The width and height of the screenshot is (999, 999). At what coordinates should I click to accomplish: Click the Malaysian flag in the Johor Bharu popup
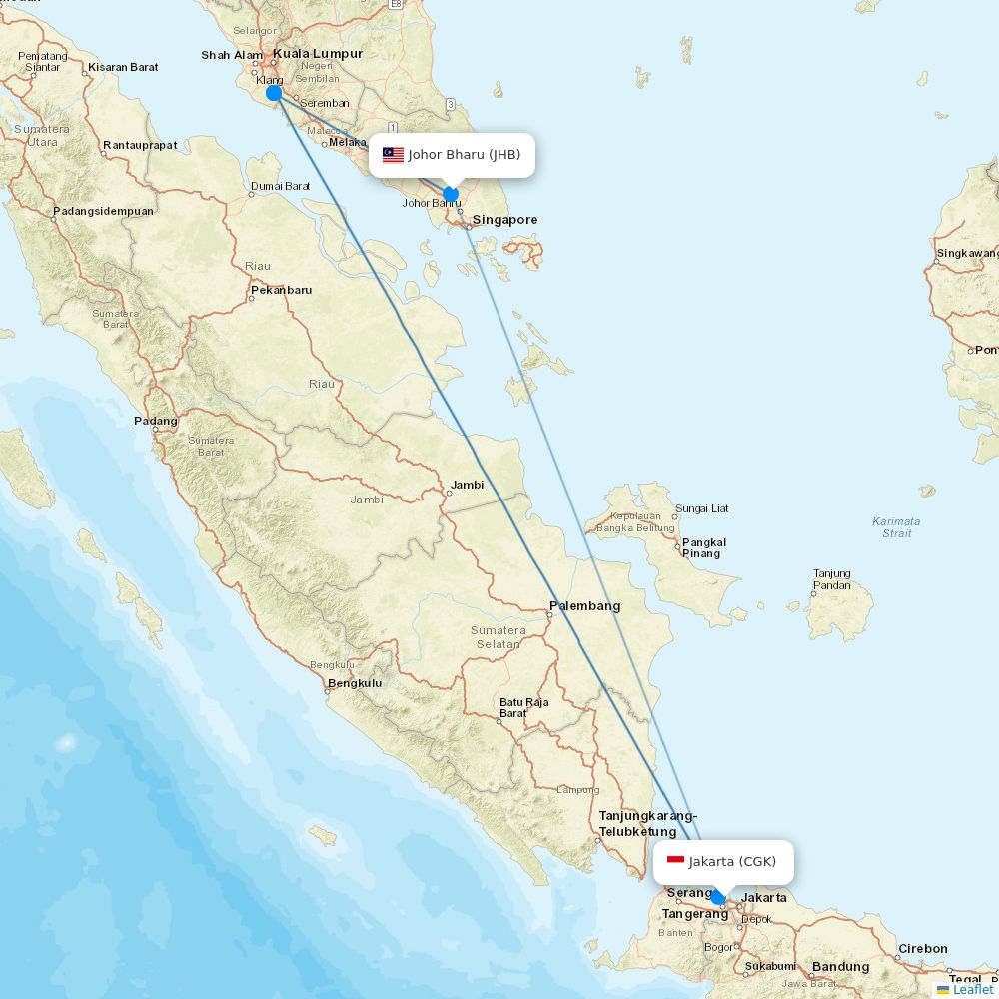[x=393, y=155]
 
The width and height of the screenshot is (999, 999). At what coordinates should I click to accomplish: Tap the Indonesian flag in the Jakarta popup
[x=675, y=861]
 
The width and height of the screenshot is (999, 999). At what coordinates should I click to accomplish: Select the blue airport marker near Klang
[x=273, y=93]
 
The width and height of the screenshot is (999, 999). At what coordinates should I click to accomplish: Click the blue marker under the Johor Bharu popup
[x=451, y=194]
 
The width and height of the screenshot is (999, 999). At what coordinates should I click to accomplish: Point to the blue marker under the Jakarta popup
[x=717, y=897]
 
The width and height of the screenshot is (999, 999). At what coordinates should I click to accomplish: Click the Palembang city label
[x=584, y=605]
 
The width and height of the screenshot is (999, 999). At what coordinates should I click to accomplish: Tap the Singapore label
[x=504, y=220]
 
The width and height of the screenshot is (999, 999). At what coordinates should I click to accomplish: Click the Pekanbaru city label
[x=281, y=290]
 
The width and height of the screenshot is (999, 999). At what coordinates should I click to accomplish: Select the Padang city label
[x=156, y=421]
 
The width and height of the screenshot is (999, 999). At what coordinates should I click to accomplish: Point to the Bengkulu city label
[x=355, y=683]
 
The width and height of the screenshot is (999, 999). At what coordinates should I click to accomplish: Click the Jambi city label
[x=467, y=485]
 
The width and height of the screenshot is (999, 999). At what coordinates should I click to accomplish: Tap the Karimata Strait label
[x=896, y=526]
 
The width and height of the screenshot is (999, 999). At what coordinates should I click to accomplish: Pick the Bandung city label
[x=840, y=966]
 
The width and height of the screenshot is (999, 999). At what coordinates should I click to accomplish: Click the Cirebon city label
[x=922, y=948]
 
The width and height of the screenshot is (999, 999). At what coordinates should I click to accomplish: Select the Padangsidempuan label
[x=103, y=211]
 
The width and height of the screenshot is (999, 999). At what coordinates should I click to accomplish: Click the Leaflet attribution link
[x=972, y=989]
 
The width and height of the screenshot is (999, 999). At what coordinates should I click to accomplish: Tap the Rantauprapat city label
[x=140, y=145]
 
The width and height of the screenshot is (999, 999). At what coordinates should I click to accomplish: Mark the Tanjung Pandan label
[x=831, y=579]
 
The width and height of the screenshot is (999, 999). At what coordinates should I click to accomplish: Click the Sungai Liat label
[x=702, y=508]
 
